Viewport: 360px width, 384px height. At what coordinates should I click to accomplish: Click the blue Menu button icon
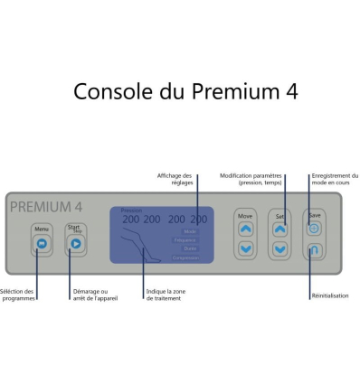[x=41, y=243]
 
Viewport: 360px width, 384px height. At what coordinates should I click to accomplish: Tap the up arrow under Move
[x=245, y=229]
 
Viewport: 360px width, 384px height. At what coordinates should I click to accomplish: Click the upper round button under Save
[x=314, y=229]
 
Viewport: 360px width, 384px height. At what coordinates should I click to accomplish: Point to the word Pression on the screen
[x=132, y=210]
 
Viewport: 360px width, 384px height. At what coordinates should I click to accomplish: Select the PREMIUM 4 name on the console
[x=46, y=206]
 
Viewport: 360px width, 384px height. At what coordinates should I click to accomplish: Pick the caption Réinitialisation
[x=328, y=295]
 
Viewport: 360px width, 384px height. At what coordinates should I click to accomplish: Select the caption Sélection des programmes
[x=18, y=295]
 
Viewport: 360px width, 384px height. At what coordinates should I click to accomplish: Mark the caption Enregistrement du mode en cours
[x=334, y=179]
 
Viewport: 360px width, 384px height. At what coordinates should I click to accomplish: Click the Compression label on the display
[x=185, y=258]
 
